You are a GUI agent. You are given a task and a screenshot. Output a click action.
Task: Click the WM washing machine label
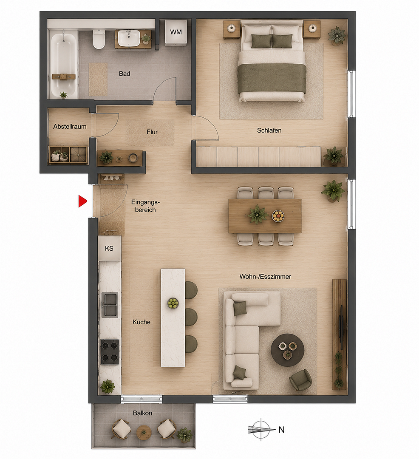point(176,32)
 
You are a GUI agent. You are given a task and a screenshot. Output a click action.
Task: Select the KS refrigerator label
point(109,248)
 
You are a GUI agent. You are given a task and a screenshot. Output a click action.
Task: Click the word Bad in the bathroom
point(125,74)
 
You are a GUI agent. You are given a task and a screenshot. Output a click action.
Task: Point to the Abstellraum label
point(70,127)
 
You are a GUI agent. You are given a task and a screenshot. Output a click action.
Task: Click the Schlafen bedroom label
point(269,130)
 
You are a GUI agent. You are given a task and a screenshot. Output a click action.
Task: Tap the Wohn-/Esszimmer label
point(265,276)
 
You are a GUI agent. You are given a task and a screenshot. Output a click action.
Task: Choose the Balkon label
point(142,413)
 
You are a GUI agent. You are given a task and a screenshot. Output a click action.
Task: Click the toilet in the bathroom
point(99,39)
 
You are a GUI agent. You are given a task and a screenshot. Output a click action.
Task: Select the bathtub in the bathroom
point(64,66)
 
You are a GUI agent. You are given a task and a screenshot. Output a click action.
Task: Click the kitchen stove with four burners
point(110,351)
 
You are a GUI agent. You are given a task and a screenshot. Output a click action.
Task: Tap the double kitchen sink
point(110,305)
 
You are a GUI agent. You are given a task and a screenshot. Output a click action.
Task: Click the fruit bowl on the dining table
point(278,216)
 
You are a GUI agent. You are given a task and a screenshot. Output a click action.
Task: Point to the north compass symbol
point(261,430)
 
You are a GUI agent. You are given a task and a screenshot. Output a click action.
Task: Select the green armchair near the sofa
point(300,380)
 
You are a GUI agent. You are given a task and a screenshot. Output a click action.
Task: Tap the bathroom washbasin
point(129,38)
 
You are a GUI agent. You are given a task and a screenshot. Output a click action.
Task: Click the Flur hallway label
point(152,132)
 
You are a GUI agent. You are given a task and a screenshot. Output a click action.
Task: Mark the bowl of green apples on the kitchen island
point(173,303)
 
